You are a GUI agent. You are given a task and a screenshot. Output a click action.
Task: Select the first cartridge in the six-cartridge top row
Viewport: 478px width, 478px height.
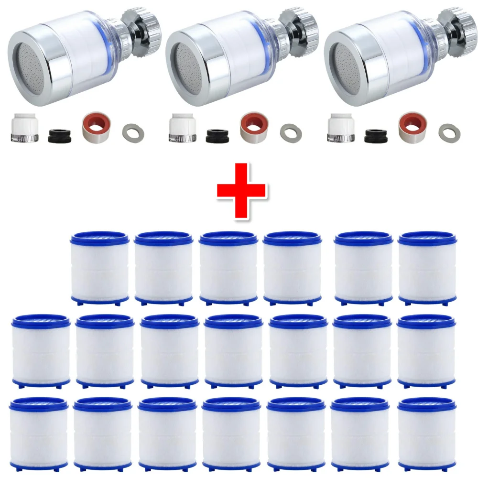point(99,268)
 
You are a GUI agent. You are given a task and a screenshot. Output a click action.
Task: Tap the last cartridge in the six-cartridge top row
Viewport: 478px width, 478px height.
point(427,268)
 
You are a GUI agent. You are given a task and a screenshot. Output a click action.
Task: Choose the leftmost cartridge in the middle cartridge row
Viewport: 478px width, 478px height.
point(40,350)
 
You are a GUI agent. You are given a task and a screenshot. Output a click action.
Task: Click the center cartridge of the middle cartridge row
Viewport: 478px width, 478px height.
point(233,350)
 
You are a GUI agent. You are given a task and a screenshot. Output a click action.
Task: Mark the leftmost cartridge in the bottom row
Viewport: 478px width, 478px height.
point(38,432)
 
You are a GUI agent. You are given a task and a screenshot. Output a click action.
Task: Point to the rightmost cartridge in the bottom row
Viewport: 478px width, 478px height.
point(426,432)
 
